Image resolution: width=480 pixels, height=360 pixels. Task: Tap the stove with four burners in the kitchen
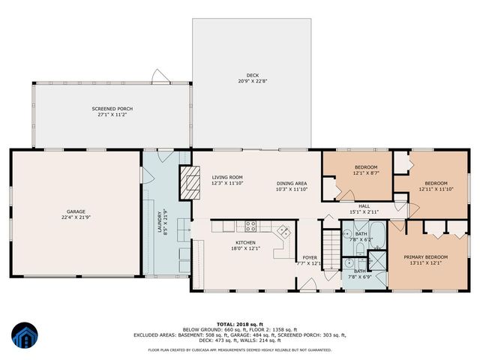pos(250,225)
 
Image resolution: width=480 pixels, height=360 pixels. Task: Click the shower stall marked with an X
pos(377,262)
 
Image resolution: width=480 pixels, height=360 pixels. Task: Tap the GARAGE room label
pos(75,211)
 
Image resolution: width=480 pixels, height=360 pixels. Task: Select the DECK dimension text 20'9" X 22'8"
pos(252,81)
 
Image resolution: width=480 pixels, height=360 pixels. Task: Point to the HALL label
pos(364,205)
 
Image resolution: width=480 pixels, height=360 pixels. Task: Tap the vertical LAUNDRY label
pos(159,223)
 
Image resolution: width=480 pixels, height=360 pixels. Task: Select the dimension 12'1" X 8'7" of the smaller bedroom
pos(355,173)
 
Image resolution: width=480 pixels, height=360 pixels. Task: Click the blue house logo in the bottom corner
pos(24,336)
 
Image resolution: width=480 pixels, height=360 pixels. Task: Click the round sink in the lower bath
pos(351,262)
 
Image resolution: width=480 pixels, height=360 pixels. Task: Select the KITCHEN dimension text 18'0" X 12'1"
pos(245,249)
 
